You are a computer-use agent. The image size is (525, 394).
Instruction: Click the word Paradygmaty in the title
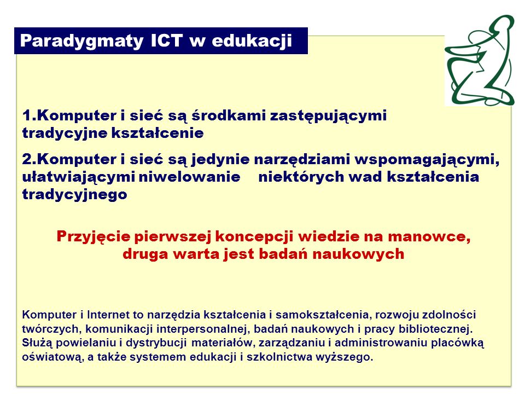coord(81,42)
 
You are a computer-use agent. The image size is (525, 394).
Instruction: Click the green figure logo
coord(480,60)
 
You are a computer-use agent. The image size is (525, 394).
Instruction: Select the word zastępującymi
coord(329,116)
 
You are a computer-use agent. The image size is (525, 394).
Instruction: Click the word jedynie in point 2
coord(220,159)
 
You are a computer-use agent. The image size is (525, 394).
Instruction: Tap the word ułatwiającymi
coord(78,177)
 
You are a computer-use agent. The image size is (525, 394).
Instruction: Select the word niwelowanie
coord(190,176)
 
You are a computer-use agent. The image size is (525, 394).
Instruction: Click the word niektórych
coord(301,177)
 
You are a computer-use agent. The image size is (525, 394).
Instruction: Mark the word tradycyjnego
coord(75,195)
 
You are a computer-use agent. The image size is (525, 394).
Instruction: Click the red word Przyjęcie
coord(94,237)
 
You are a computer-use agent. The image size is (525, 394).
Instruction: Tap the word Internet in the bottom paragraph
coord(108,315)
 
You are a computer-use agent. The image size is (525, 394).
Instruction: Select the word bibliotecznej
coord(436,329)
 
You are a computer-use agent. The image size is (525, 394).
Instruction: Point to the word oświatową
coord(53,357)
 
